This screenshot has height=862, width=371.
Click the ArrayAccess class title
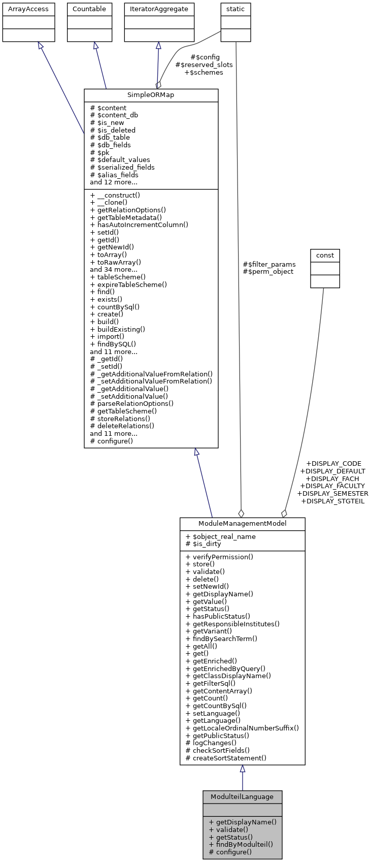[x=28, y=9]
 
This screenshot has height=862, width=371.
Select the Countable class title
[x=89, y=9]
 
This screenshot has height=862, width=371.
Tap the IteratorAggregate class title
[x=159, y=9]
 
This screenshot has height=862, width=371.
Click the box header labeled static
[x=235, y=9]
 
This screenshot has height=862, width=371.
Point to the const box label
[x=325, y=254]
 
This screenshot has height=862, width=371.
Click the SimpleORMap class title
[x=151, y=95]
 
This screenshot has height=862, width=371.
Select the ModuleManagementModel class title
[x=242, y=524]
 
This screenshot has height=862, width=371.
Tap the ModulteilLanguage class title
[x=242, y=796]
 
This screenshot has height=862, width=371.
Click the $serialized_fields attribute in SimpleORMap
[x=122, y=167]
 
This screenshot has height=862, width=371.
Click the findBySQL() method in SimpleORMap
[x=113, y=344]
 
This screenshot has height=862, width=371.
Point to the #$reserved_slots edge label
[x=204, y=65]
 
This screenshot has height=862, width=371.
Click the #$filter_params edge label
[x=269, y=264]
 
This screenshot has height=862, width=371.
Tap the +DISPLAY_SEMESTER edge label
[x=332, y=493]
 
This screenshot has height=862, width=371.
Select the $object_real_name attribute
[x=221, y=536]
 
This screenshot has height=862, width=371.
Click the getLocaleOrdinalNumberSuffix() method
[x=242, y=728]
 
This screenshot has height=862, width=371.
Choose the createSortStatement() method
[x=226, y=758]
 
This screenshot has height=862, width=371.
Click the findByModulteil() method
[x=241, y=844]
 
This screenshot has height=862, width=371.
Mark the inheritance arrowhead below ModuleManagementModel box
[x=243, y=769]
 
